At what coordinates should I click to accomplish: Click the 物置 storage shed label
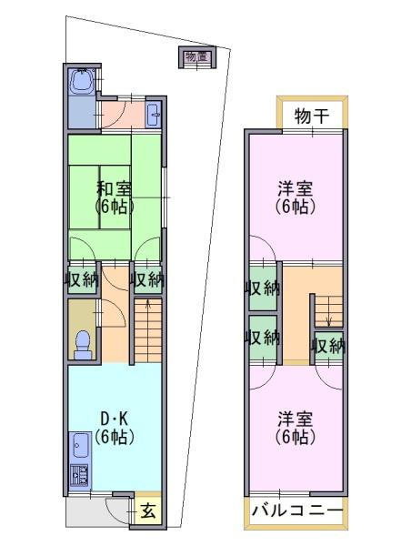pyautogui.click(x=197, y=56)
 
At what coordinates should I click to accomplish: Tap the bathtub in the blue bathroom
pyautogui.click(x=82, y=82)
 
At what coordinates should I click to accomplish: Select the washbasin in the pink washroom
pyautogui.click(x=153, y=116)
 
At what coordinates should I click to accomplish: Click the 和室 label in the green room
pyautogui.click(x=114, y=188)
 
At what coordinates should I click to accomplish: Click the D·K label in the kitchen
pyautogui.click(x=114, y=419)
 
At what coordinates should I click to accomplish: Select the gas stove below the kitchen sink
pyautogui.click(x=79, y=476)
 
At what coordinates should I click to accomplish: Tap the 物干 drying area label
pyautogui.click(x=312, y=116)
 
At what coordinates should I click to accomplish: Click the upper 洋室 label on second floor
pyautogui.click(x=296, y=188)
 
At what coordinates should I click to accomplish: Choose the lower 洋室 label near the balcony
pyautogui.click(x=296, y=419)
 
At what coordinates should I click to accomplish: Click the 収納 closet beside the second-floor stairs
pyautogui.click(x=328, y=346)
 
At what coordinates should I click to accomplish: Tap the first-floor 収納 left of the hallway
pyautogui.click(x=82, y=279)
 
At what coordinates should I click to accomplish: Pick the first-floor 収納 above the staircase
pyautogui.click(x=147, y=279)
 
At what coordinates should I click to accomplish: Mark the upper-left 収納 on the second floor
pyautogui.click(x=263, y=288)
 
